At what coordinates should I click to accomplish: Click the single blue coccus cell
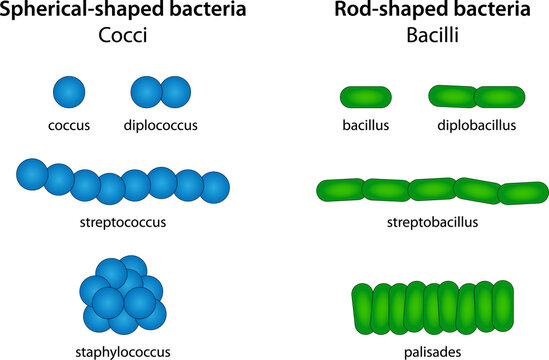click(x=69, y=92)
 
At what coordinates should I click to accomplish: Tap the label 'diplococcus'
click(x=160, y=125)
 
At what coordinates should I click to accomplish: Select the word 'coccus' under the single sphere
click(x=69, y=125)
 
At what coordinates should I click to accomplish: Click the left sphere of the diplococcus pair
click(x=146, y=92)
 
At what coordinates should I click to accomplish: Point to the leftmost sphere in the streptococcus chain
click(x=32, y=174)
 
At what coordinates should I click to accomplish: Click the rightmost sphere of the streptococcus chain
click(x=214, y=187)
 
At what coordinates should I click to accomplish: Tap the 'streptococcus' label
click(x=123, y=222)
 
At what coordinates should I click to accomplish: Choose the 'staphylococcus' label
click(x=123, y=352)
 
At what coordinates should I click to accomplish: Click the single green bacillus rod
click(x=366, y=97)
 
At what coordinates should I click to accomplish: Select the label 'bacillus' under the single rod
click(x=366, y=125)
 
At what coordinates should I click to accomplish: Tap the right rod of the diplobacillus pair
click(x=500, y=97)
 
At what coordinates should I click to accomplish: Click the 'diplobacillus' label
click(x=477, y=125)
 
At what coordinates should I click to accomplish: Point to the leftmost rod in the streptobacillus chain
click(x=341, y=190)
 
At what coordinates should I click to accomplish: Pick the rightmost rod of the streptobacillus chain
click(x=523, y=193)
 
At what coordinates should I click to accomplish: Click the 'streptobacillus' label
click(x=432, y=222)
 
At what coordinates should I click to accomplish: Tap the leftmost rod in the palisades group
click(x=363, y=309)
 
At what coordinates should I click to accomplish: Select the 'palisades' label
click(x=432, y=352)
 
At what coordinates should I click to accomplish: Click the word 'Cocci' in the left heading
click(x=123, y=35)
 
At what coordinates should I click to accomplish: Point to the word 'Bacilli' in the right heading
click(x=432, y=35)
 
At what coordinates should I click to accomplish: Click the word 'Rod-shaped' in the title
click(x=388, y=9)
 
